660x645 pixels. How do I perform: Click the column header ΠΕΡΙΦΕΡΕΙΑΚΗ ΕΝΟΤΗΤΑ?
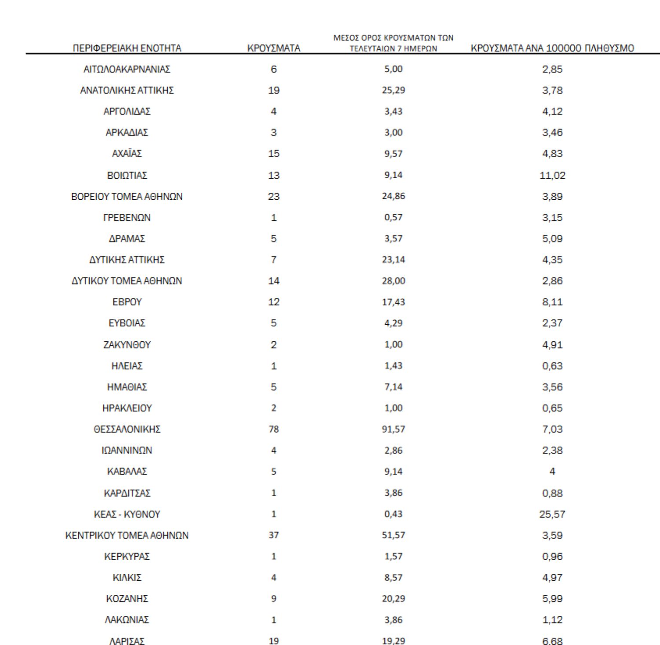pos(127,48)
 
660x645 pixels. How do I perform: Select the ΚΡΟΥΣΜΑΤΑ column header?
pos(274,48)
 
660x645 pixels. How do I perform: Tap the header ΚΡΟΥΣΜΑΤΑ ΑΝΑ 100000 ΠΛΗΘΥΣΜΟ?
pos(552,48)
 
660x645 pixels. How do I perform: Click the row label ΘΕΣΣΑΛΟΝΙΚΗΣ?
pos(127,429)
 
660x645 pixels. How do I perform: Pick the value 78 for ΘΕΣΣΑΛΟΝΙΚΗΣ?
pos(274,429)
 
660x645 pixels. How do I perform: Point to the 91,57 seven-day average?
pos(393,429)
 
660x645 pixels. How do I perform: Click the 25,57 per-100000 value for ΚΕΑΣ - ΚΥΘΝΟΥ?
pos(552,514)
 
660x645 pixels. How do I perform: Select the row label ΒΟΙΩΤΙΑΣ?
pos(127,175)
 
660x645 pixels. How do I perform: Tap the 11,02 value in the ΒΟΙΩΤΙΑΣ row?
pos(552,175)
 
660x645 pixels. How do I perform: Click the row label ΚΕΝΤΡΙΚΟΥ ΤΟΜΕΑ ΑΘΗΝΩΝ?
pos(127,535)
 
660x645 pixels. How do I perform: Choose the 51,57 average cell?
pos(393,535)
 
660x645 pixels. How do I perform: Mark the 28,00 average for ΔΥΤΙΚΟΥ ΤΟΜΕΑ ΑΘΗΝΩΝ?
pos(393,281)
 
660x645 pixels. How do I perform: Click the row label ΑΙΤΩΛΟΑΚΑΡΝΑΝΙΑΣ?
pos(127,69)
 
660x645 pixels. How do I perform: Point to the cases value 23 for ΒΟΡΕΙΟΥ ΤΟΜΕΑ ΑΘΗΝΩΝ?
pos(274,196)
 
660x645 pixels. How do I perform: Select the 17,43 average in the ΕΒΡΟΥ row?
pos(393,302)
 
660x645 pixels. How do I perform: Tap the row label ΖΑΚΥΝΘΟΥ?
pos(127,344)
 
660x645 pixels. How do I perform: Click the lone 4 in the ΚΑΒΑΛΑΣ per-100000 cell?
pos(552,471)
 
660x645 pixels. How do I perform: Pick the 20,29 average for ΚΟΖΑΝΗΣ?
pos(393,598)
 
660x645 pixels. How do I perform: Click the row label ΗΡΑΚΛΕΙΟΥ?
pos(127,408)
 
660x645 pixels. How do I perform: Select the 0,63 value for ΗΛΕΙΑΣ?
pos(552,366)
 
